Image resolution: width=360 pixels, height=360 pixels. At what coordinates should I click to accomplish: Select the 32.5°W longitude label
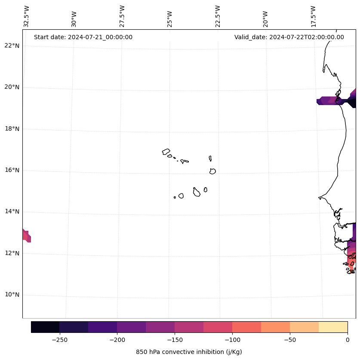(27, 16)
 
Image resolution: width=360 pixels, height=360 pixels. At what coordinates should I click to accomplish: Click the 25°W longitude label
(170, 16)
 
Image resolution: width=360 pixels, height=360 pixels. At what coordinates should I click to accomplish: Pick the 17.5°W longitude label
(313, 16)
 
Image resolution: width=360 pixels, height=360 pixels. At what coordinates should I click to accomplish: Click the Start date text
(83, 37)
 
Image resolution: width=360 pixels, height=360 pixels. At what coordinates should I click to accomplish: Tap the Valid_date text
(289, 37)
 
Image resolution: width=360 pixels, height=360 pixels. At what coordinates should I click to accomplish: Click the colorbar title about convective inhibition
(189, 352)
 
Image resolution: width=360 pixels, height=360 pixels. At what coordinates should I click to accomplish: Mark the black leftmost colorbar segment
(45, 327)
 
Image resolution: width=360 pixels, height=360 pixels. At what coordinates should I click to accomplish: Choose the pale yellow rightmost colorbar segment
(333, 327)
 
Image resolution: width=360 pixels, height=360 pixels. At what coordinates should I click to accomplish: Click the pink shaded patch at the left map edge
(26, 236)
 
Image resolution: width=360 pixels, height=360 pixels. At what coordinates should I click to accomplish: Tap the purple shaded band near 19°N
(329, 101)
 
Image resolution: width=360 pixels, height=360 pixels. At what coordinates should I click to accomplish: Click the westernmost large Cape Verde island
(166, 152)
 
